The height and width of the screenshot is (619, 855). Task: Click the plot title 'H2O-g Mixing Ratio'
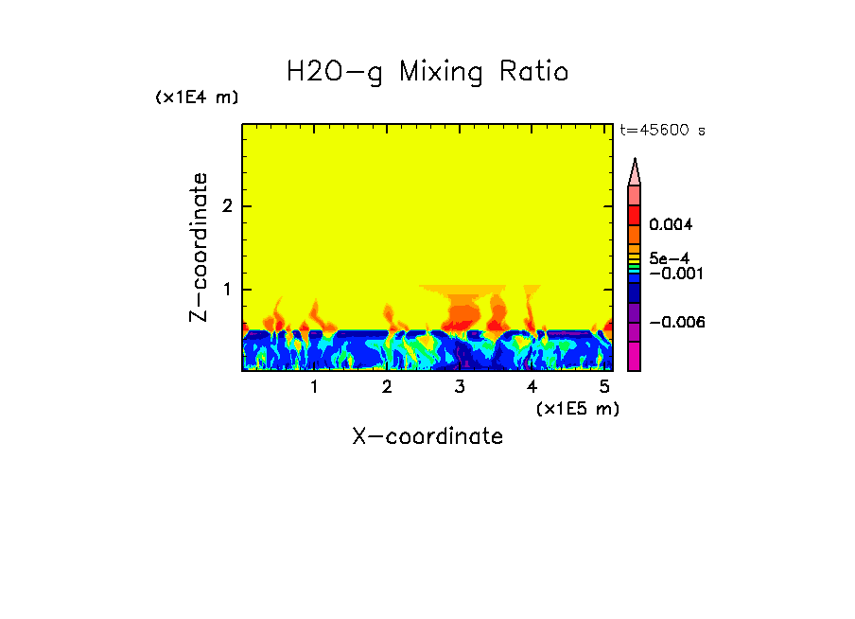pyautogui.click(x=427, y=72)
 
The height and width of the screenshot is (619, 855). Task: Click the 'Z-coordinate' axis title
pyautogui.click(x=199, y=247)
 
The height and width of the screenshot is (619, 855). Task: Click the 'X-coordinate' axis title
pyautogui.click(x=427, y=436)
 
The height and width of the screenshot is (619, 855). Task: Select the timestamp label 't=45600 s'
pyautogui.click(x=662, y=131)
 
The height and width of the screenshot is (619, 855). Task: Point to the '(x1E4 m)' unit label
pyautogui.click(x=197, y=97)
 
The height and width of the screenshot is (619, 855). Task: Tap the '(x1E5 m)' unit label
pyautogui.click(x=577, y=408)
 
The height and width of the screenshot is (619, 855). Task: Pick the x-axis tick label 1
pyautogui.click(x=314, y=387)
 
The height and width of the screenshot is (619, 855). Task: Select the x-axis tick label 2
pyautogui.click(x=387, y=387)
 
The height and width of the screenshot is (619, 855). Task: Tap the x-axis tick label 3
pyautogui.click(x=460, y=387)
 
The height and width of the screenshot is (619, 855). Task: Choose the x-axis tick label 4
pyautogui.click(x=532, y=387)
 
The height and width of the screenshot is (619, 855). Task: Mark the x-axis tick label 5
pyautogui.click(x=604, y=387)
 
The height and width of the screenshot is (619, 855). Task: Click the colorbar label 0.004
pyautogui.click(x=672, y=225)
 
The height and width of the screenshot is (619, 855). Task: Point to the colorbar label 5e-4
pyautogui.click(x=669, y=257)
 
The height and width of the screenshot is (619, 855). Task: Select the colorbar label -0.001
pyautogui.click(x=672, y=273)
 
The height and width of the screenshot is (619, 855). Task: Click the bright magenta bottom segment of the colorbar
pyautogui.click(x=635, y=357)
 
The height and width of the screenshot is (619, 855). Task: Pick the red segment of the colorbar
pyautogui.click(x=635, y=214)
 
